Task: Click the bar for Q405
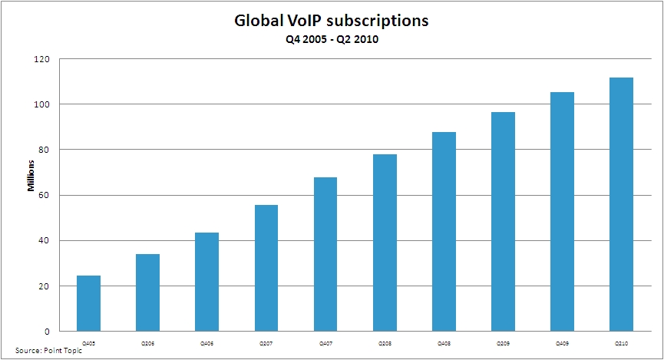click(88, 303)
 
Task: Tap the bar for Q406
click(206, 282)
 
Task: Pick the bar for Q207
click(266, 268)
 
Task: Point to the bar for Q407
click(325, 254)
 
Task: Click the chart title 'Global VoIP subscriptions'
click(332, 21)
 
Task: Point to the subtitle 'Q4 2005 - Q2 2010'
click(332, 40)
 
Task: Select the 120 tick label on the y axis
click(44, 59)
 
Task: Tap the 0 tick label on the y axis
click(48, 332)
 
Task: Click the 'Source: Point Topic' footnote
click(39, 350)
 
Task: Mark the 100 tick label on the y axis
click(44, 104)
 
